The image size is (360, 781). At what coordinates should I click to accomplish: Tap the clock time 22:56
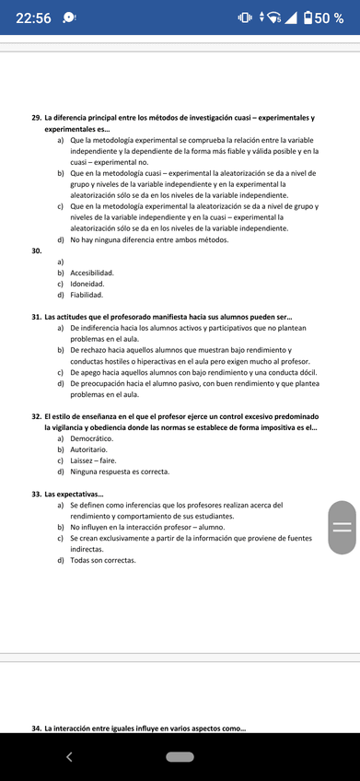(x=33, y=19)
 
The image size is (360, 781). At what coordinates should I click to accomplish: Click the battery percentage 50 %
(x=330, y=19)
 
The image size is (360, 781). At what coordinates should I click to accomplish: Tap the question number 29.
(x=36, y=118)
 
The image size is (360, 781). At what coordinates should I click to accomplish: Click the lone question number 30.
(x=36, y=251)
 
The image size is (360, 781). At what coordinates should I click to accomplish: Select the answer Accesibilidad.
(x=92, y=274)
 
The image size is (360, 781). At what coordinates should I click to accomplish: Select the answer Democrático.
(x=91, y=438)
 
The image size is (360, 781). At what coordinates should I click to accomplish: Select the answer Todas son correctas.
(x=102, y=560)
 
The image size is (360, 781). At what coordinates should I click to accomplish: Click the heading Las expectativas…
(x=75, y=494)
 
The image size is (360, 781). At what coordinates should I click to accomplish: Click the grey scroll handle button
(x=342, y=527)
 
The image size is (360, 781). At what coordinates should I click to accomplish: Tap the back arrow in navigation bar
(x=68, y=757)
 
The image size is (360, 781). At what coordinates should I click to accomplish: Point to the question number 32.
(x=36, y=416)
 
